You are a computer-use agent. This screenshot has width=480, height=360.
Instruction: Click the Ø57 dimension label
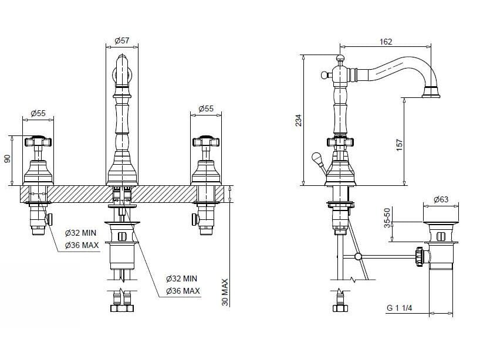click(121, 40)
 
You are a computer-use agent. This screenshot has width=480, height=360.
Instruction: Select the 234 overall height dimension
click(298, 120)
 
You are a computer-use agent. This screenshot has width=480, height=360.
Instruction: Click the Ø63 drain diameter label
click(441, 200)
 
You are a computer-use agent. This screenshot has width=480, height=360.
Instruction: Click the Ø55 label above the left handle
click(38, 113)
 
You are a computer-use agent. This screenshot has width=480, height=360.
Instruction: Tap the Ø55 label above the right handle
click(206, 108)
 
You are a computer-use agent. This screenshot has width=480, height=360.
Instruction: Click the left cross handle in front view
click(38, 141)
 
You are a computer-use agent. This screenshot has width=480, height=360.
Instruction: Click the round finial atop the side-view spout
click(339, 58)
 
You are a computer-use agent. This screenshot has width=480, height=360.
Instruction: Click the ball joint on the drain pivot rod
click(357, 256)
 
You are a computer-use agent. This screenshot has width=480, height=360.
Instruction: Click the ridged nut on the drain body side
click(420, 255)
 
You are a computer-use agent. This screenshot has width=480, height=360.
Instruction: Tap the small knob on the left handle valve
click(50, 219)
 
